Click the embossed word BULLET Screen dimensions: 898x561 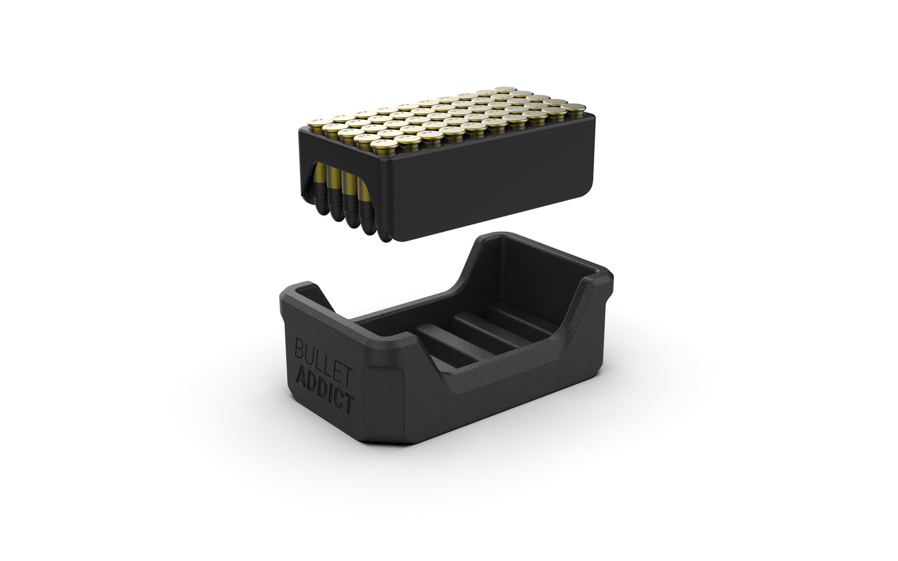click(x=324, y=357)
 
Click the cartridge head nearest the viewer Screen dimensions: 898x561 click(x=382, y=145)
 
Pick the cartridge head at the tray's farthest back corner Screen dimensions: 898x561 click(x=505, y=89)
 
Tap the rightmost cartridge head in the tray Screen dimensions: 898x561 click(x=574, y=107)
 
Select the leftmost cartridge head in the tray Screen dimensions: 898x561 click(x=321, y=121)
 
